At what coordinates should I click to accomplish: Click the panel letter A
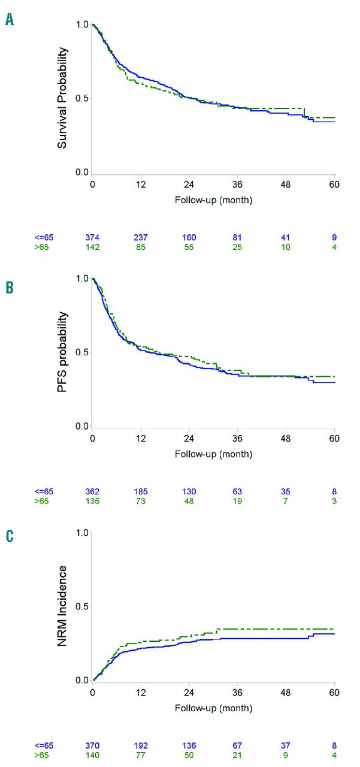tap(9, 20)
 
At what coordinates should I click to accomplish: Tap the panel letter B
tap(9, 288)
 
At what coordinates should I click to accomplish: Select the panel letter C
tap(9, 535)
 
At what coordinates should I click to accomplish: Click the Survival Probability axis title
tap(62, 99)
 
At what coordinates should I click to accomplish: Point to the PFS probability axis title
tap(62, 352)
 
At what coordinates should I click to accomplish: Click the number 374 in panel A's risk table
tap(92, 237)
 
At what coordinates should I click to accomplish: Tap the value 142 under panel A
tap(92, 246)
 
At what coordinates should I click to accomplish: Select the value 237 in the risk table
tap(141, 237)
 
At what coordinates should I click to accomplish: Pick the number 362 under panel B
tap(92, 491)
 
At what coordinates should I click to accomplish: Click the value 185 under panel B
tap(141, 491)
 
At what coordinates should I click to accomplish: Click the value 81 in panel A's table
tap(238, 237)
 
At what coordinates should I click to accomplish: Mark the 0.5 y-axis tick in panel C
tap(82, 606)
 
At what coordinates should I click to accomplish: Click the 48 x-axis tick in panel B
tap(286, 438)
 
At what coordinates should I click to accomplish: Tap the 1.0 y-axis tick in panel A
tap(82, 25)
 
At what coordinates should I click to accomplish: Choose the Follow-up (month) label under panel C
tap(213, 708)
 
